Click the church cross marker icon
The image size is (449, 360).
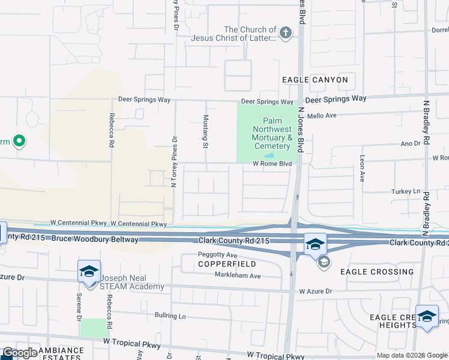pos(286,33)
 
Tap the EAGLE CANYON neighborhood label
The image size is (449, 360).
pos(315,79)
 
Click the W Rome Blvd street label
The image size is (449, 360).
pos(272,163)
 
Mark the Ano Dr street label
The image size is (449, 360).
pos(410,144)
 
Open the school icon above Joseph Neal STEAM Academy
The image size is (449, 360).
pos(89,272)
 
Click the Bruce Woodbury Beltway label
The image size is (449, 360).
pos(95,239)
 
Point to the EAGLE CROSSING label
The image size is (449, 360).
pos(376,272)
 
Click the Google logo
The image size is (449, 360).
pos(20,353)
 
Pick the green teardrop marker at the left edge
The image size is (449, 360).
pos(19,142)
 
